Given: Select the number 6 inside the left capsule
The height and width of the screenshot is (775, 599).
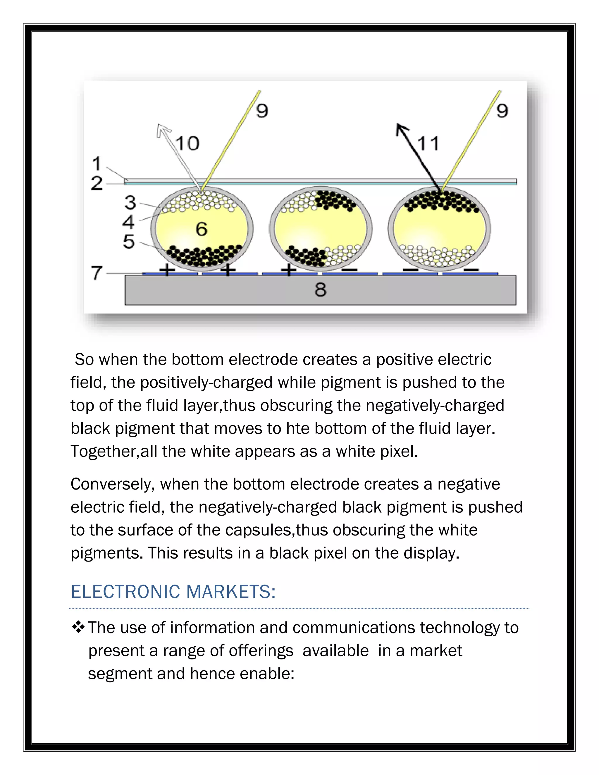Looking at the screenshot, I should tap(201, 229).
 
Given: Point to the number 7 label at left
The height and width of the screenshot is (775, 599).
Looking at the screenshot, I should tap(97, 273).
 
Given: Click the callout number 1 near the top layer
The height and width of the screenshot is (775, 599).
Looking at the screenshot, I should tap(96, 163).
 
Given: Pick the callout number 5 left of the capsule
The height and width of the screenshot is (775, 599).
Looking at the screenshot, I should tap(129, 242).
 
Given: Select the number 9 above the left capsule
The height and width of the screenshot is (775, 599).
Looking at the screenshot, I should tap(262, 111).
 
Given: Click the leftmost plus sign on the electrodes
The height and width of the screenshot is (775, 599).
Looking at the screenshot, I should tap(167, 271).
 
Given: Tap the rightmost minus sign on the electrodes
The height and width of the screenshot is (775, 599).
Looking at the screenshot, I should tap(471, 271).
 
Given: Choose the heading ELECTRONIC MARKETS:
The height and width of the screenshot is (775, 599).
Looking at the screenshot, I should tap(173, 592).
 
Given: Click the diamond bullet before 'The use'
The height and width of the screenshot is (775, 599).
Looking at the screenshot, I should tap(78, 627).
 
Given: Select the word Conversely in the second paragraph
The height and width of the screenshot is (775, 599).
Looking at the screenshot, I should tap(113, 484).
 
